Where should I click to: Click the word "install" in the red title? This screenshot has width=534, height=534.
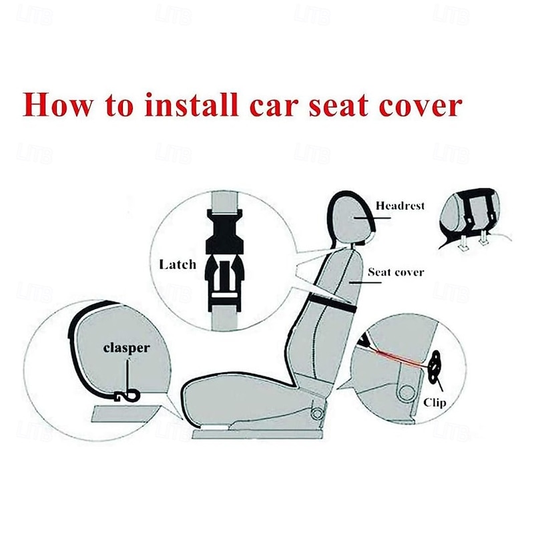tap(191, 105)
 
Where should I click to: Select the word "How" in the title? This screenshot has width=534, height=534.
tap(57, 105)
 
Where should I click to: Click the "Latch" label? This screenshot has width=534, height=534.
tap(178, 264)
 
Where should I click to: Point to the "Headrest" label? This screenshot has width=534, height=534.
tap(400, 206)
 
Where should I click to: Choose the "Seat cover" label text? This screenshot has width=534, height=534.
tap(396, 272)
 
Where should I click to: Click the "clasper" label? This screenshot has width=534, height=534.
tap(126, 348)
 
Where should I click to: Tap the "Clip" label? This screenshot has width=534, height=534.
tap(435, 403)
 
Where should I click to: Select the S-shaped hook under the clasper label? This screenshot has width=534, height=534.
tap(127, 396)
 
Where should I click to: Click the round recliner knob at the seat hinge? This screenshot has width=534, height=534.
tap(318, 414)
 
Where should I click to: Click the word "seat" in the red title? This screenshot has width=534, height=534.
tap(338, 105)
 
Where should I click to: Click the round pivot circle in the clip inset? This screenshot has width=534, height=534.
tap(407, 393)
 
